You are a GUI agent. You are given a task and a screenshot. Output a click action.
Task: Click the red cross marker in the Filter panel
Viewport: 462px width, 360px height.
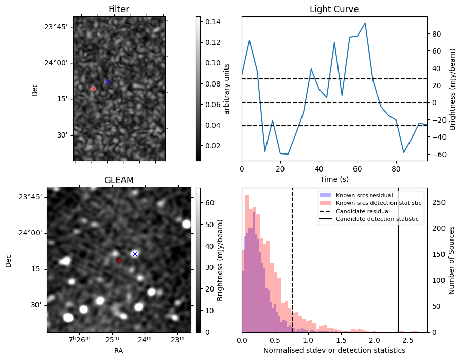pos(93,89)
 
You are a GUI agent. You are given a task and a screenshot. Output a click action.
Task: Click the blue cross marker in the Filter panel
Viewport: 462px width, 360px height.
pos(108,82)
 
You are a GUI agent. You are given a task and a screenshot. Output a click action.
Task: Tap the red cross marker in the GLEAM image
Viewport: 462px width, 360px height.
pos(119,261)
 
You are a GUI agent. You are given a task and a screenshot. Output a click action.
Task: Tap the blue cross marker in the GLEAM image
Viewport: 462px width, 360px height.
pos(135,254)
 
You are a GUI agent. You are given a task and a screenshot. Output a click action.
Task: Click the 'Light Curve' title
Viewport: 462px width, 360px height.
pos(334,9)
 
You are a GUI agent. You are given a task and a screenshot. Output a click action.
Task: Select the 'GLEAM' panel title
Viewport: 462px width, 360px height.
pos(119,180)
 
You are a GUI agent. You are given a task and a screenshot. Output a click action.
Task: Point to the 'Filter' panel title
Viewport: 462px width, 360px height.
pos(119,9)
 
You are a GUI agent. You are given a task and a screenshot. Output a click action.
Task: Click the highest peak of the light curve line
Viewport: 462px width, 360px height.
pos(365,23)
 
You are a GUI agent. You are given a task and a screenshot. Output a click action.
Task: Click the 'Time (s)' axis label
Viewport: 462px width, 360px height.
pos(334,179)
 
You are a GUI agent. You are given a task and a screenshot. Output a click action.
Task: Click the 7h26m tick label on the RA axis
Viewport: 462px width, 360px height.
pos(80,339)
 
